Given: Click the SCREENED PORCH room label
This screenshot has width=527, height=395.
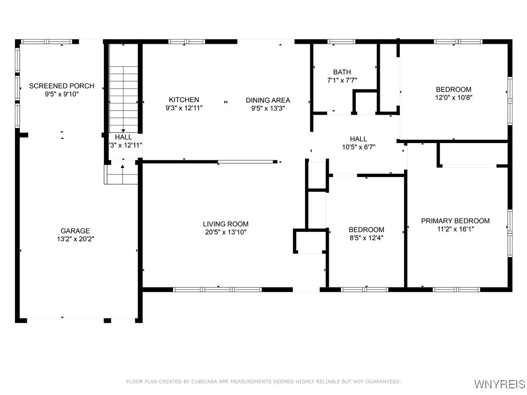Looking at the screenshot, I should click(x=62, y=86).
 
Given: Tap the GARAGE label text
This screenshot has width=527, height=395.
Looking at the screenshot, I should click(x=75, y=231).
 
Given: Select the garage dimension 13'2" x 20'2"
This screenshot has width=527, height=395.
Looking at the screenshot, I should click(x=75, y=239).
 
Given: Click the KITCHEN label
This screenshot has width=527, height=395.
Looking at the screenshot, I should click(x=184, y=100).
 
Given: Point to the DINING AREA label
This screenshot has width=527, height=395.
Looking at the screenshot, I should click(x=268, y=100).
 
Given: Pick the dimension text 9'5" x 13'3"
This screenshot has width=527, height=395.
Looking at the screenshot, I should click(x=268, y=109).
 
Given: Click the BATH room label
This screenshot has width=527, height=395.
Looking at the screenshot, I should click(x=342, y=72).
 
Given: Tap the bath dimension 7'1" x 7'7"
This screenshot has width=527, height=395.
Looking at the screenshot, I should click(x=342, y=80).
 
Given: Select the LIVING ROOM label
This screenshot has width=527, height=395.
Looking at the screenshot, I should click(x=225, y=224).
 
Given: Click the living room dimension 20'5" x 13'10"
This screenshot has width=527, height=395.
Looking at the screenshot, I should click(x=225, y=232).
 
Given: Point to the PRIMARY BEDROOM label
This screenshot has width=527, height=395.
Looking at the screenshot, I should click(x=455, y=221).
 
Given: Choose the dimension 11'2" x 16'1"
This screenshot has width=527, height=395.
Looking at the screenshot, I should click(x=455, y=229).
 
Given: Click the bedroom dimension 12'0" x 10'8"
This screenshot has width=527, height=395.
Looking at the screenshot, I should click(x=453, y=97).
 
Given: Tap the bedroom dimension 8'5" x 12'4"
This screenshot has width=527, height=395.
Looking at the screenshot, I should click(x=366, y=238).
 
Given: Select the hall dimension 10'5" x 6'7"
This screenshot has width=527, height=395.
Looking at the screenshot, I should click(x=358, y=147).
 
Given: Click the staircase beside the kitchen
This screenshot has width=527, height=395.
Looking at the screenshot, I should click(x=124, y=98).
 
